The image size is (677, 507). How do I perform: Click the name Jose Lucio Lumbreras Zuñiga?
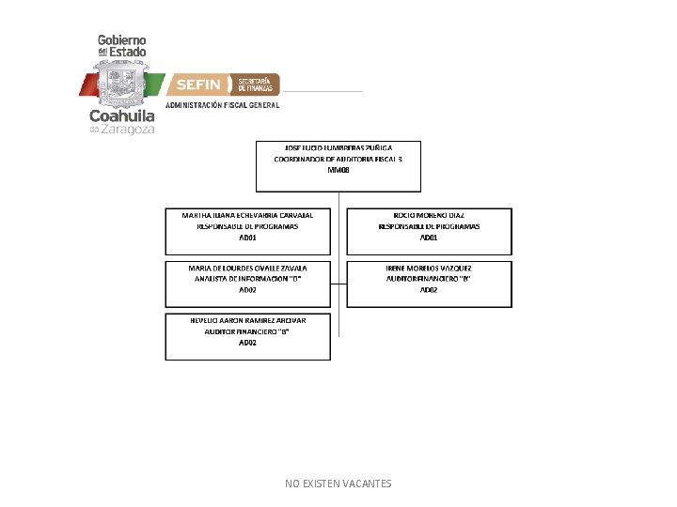(338, 148)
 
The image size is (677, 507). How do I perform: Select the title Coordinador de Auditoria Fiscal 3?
(338, 160)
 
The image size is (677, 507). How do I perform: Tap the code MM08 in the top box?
(338, 171)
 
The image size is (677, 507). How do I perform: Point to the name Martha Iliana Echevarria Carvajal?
(248, 215)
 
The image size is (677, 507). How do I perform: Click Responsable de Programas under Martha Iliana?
(248, 226)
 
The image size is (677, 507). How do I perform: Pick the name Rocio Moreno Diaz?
(429, 215)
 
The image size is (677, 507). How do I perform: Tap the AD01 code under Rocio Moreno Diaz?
(429, 238)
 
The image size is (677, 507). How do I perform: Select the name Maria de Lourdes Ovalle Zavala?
(248, 268)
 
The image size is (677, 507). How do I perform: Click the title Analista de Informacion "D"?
(248, 279)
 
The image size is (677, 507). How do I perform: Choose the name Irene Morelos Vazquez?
(429, 268)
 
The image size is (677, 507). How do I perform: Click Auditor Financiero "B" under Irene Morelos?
(429, 279)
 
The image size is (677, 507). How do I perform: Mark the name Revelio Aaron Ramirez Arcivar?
(248, 320)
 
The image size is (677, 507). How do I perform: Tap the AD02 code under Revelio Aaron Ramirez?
(248, 343)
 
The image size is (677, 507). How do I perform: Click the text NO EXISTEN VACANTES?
(338, 484)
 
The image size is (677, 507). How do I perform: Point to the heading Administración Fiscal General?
(223, 106)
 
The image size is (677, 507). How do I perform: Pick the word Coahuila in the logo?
(122, 116)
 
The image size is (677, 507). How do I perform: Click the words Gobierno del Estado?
(122, 45)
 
